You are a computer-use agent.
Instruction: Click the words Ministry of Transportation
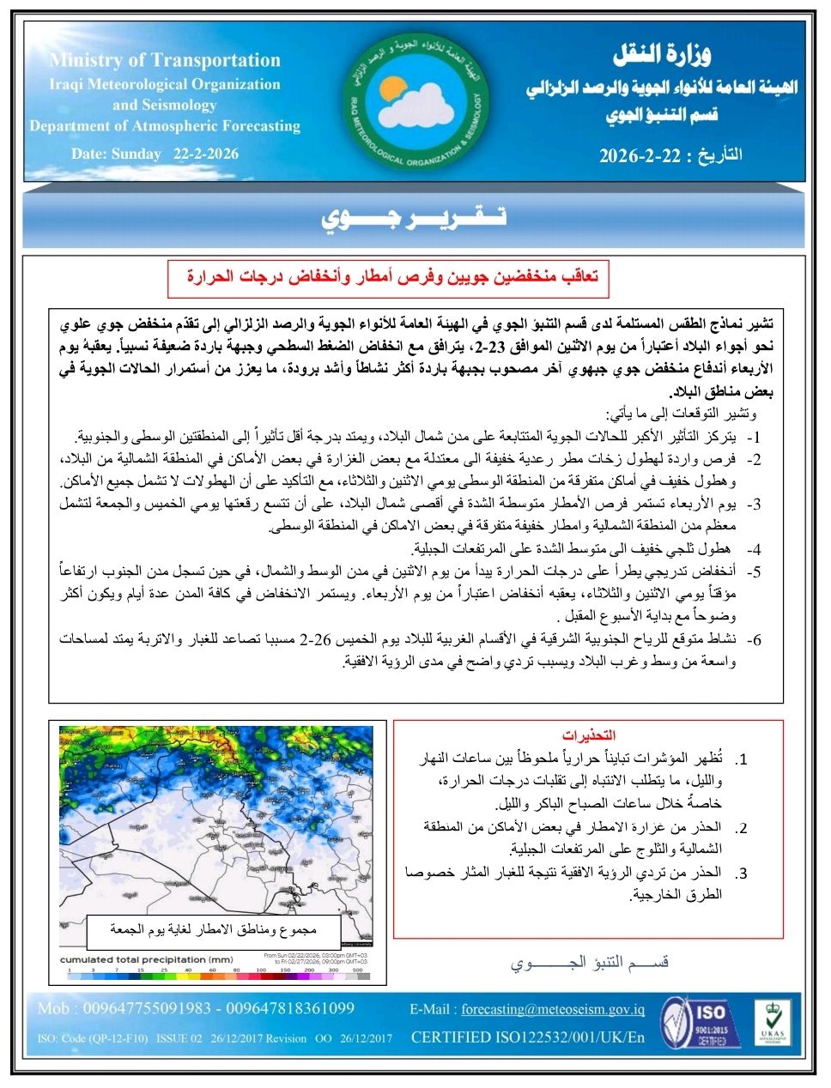(x=165, y=61)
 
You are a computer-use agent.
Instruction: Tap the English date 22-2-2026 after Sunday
(x=206, y=154)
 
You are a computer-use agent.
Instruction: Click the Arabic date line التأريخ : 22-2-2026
(x=670, y=155)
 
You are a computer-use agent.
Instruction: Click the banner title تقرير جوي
(x=414, y=218)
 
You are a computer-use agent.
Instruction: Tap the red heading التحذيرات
(x=589, y=735)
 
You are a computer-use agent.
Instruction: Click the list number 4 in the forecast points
(x=753, y=549)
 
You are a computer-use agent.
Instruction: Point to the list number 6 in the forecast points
(x=753, y=639)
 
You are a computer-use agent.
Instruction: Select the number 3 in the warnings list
(x=742, y=873)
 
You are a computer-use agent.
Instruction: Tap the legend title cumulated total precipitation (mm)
(x=146, y=959)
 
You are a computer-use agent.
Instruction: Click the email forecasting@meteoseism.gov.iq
(x=553, y=1010)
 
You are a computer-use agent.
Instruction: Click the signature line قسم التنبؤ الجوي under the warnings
(x=590, y=962)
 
